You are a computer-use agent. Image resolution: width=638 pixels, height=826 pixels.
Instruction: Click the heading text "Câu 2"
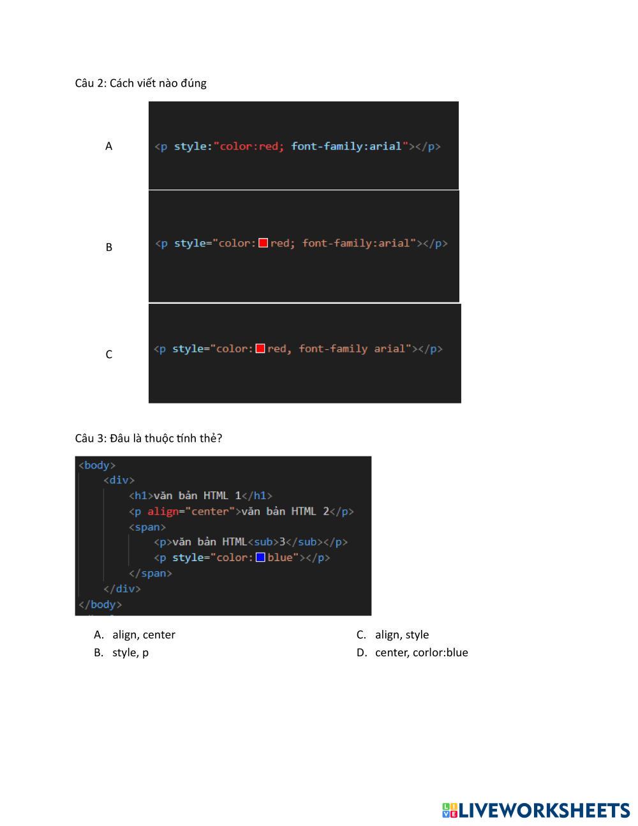(x=90, y=83)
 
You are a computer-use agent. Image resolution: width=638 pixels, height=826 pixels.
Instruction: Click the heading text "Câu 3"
(x=90, y=438)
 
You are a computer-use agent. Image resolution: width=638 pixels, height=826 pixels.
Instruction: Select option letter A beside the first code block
(x=108, y=146)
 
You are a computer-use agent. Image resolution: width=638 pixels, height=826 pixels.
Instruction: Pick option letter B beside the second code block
(x=108, y=247)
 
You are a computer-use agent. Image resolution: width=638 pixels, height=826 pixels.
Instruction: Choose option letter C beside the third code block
(x=108, y=354)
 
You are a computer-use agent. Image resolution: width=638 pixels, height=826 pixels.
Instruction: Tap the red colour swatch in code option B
(x=263, y=243)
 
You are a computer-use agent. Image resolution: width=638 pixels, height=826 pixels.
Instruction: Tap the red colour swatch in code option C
(x=260, y=349)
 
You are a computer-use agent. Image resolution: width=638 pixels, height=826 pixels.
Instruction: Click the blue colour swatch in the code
(x=260, y=557)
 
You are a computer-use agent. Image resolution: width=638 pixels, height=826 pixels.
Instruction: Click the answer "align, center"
(x=144, y=635)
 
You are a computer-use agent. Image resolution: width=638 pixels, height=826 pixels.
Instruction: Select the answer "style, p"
(x=130, y=652)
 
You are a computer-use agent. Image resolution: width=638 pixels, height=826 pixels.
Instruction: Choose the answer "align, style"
(x=401, y=635)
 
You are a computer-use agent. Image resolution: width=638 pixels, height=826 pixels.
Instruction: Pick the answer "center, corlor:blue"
(x=421, y=652)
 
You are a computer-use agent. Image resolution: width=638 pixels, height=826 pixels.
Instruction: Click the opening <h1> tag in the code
(x=140, y=495)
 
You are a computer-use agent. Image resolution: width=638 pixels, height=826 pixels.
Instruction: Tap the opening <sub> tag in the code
(x=263, y=542)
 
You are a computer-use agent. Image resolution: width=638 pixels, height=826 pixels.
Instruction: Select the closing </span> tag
(x=151, y=573)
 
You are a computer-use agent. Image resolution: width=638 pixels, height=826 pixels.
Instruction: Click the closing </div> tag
(x=122, y=589)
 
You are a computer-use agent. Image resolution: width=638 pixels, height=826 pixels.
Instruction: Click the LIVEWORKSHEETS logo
(x=536, y=810)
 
